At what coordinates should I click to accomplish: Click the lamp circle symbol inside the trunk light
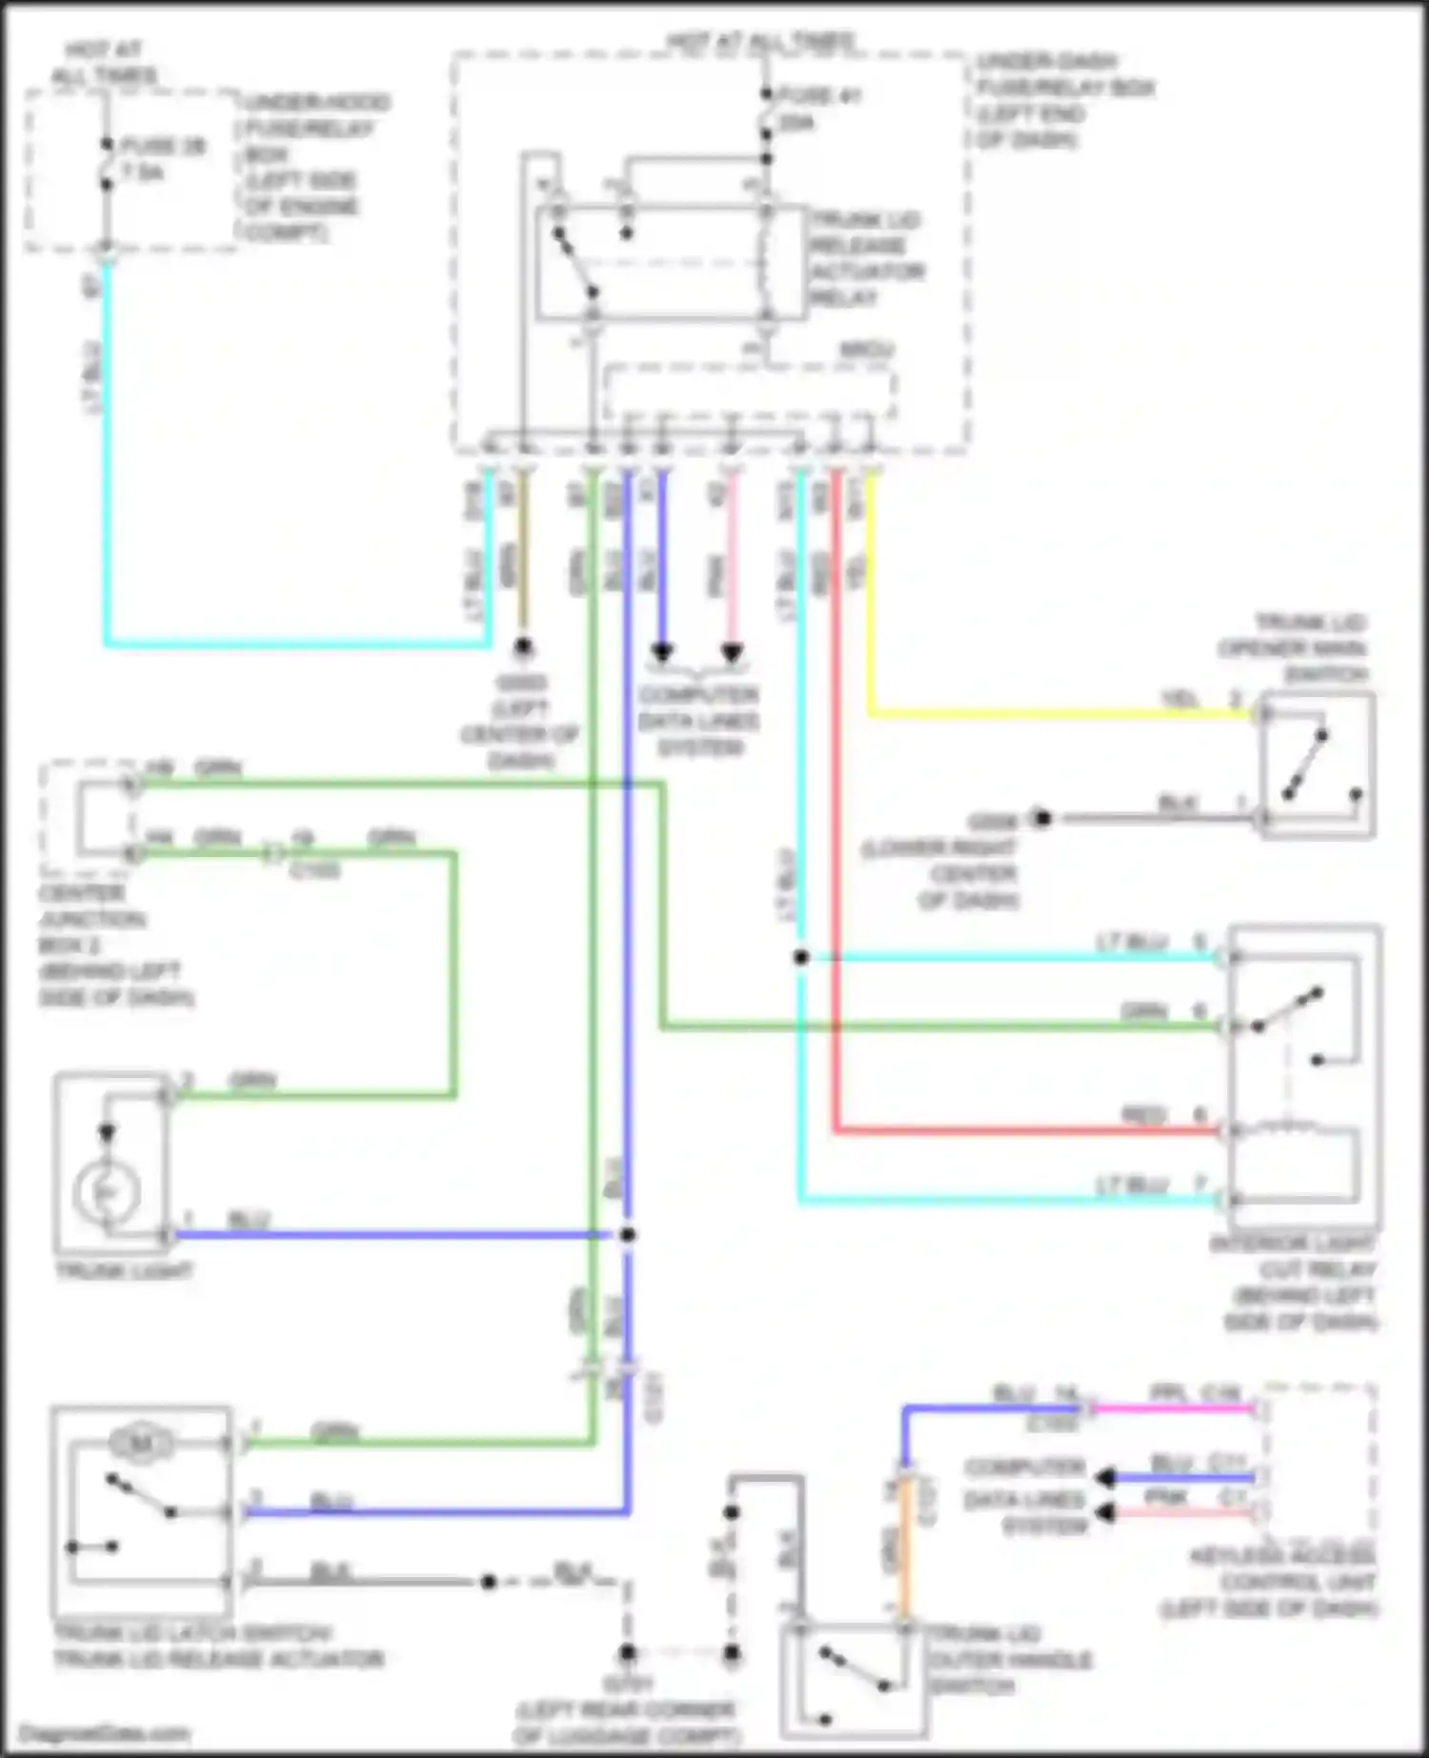[107, 1191]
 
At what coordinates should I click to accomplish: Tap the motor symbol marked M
[140, 1445]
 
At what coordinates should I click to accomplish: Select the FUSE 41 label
[818, 95]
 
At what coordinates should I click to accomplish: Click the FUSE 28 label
[163, 147]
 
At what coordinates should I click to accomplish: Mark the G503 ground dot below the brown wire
[522, 649]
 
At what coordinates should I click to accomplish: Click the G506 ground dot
[1042, 818]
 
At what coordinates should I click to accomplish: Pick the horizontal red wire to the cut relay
[1029, 1131]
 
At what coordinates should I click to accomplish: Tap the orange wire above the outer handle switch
[902, 1552]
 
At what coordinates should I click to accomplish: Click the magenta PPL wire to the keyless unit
[1172, 1408]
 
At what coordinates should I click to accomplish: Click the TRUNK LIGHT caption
[125, 1271]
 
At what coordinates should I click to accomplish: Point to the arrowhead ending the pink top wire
[732, 654]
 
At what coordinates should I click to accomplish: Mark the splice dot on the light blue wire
[801, 957]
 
